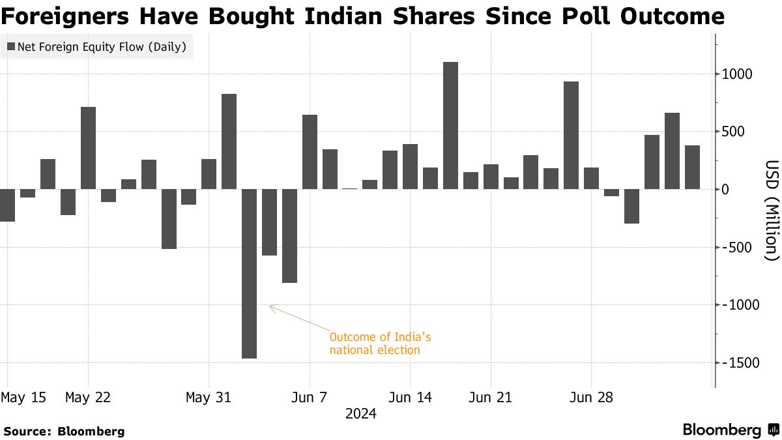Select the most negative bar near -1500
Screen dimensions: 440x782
[249, 273]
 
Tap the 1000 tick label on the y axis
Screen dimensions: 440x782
[736, 74]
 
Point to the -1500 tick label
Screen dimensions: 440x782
[736, 363]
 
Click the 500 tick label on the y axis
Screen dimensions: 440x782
[740, 132]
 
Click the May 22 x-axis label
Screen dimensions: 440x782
[88, 397]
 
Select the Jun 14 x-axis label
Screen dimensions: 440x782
[409, 397]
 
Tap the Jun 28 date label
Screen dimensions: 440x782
[591, 397]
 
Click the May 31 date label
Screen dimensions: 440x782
[208, 397]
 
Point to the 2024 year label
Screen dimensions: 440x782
[361, 414]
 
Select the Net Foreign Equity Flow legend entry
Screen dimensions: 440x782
[96, 47]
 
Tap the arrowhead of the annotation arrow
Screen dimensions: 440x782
[270, 306]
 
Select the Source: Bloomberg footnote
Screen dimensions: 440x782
[64, 431]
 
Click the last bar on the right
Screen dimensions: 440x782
[692, 167]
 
